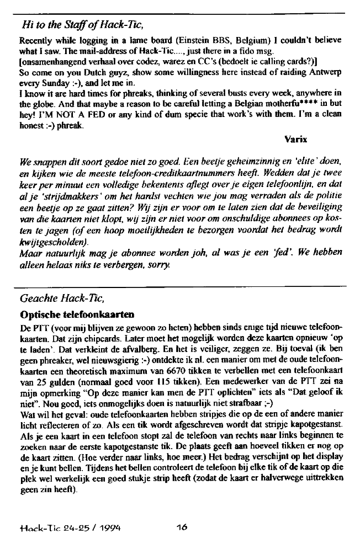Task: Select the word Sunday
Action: tap(47, 83)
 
